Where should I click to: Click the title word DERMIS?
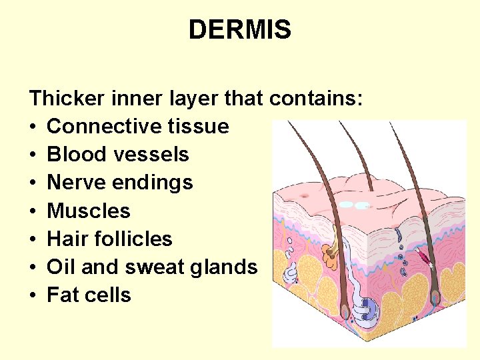[239, 30]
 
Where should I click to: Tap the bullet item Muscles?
[89, 211]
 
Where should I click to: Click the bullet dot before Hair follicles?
[33, 239]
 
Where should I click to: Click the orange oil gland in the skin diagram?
[330, 253]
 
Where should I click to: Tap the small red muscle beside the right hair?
[423, 257]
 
